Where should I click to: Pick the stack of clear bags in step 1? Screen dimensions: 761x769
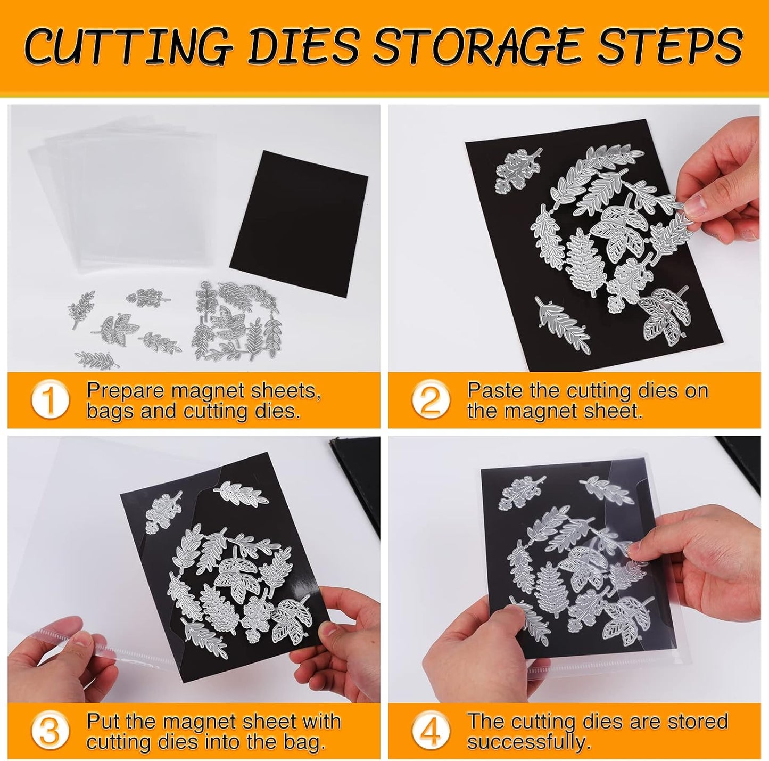pyautogui.click(x=122, y=197)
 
